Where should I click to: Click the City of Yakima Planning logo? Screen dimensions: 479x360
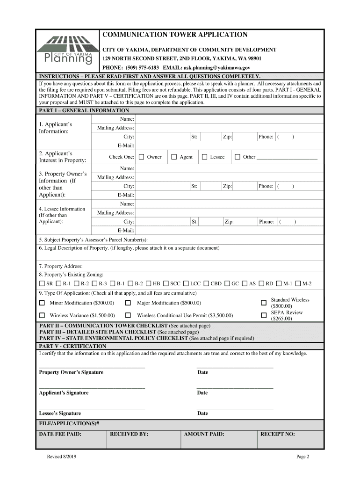point(69,51)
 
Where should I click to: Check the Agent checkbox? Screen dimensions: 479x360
point(174,157)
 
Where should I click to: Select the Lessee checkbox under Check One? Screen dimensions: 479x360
point(204,157)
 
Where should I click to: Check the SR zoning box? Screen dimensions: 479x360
point(42,283)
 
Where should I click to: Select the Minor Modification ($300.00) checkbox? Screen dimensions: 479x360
point(42,303)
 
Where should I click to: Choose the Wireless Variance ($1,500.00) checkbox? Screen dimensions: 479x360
point(42,316)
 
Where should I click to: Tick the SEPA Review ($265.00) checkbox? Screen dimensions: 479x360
point(264,316)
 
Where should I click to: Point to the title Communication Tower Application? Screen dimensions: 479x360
point(175,35)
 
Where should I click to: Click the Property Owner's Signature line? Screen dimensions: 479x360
point(92,366)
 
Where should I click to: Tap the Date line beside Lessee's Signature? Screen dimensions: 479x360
point(235,407)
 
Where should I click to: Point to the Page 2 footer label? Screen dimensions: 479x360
point(302,457)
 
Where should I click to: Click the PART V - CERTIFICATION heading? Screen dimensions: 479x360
point(73,346)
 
